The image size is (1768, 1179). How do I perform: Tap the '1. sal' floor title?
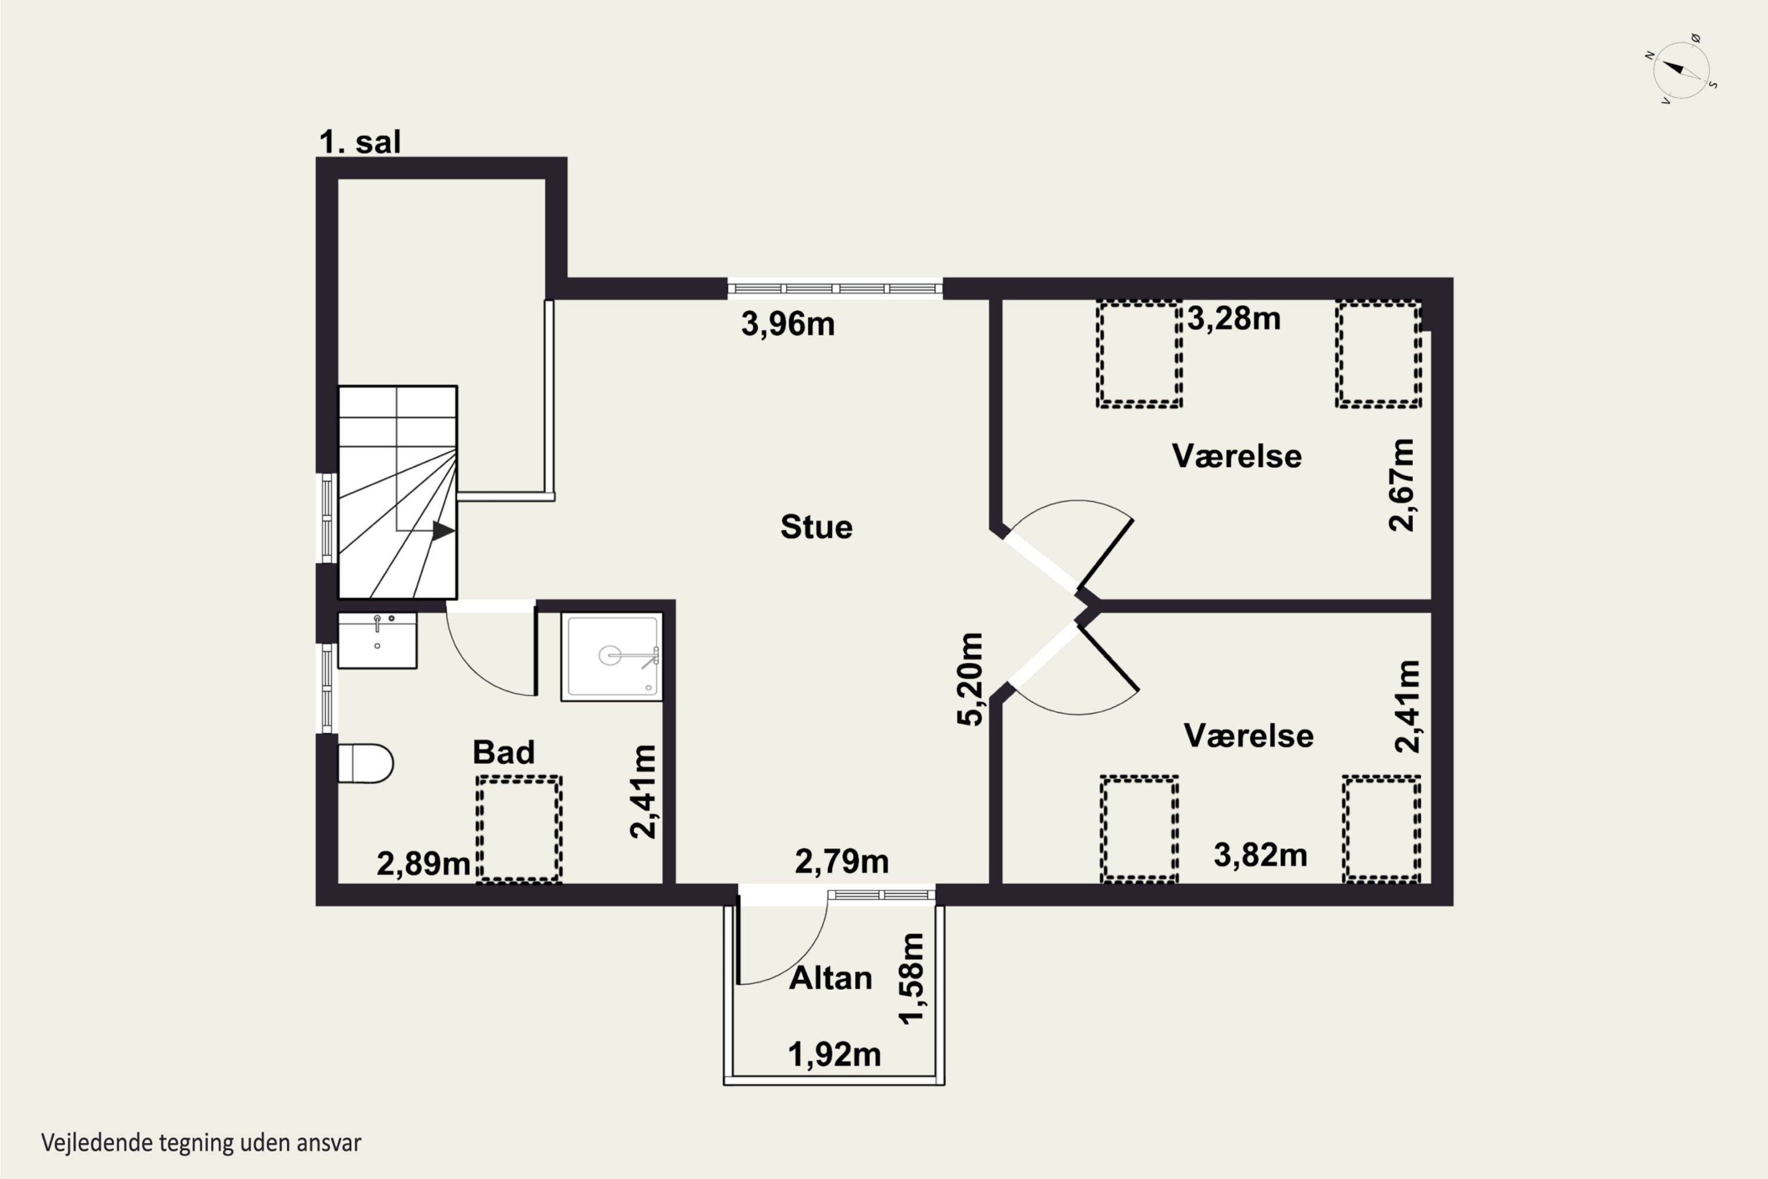coord(360,141)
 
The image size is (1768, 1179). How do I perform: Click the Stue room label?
coord(816,526)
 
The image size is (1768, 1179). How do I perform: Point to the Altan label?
coord(830,977)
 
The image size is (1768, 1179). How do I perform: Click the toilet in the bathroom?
coord(365,763)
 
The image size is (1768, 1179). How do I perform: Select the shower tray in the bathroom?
coord(612,657)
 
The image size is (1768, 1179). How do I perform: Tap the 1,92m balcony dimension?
coord(834,1054)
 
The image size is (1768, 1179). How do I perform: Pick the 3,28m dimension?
coord(1234,319)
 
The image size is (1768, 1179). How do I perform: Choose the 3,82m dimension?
coord(1261,855)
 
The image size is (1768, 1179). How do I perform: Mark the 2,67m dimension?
coord(1401,485)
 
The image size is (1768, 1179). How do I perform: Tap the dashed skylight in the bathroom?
coord(519,829)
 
